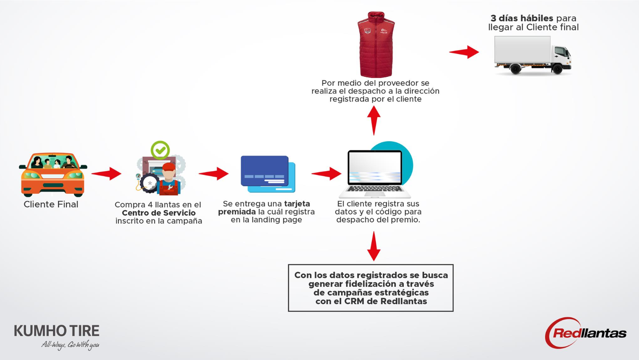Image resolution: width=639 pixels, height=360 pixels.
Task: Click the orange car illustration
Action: coord(53,174)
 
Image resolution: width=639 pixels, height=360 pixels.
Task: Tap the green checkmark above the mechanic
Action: coord(160,150)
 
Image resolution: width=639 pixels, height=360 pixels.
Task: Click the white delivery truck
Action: coord(533,55)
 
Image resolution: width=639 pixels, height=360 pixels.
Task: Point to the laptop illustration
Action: coord(375,174)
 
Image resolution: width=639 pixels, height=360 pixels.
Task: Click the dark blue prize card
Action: coord(265,171)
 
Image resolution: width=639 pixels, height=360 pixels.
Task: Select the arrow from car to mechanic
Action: coord(106,174)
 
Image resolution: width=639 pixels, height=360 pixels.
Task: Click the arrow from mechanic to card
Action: coord(213,174)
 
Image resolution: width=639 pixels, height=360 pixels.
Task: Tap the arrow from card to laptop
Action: coord(326,174)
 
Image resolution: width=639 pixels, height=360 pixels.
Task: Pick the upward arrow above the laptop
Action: coord(374,120)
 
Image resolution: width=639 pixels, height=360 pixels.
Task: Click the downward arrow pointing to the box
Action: coord(374,246)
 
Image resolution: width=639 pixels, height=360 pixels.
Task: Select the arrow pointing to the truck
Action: coord(464,52)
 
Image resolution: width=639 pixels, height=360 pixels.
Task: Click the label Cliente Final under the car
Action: coord(51,204)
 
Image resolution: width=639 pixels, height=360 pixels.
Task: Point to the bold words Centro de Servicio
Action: coord(159,213)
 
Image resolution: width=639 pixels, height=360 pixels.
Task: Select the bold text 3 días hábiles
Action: coord(522,18)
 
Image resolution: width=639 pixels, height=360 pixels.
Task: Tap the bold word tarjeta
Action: coord(297,204)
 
